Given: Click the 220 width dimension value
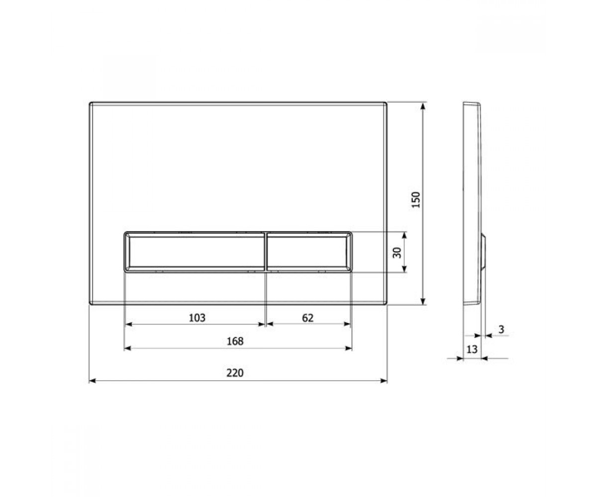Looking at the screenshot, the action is coord(235,373).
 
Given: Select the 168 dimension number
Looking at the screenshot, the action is coord(235,341).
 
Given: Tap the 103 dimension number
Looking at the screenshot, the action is coord(197,318).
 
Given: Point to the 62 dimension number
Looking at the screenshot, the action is coord(307,318).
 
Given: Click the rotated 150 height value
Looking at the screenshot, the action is coord(416,200).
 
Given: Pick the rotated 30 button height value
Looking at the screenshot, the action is coord(397,253).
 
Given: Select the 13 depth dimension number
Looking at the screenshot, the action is coord(472,349).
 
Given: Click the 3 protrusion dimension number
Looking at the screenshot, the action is coord(501,330).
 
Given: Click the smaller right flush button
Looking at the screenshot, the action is coord(309,251).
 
